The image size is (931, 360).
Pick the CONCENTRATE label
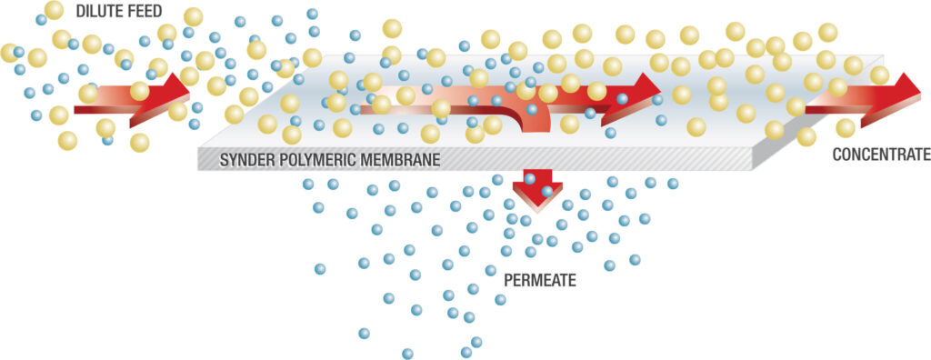881,155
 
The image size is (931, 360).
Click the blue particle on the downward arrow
547,191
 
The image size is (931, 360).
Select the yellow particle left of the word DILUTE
55,10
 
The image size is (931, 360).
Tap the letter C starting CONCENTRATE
837,155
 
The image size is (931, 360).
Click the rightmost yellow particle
880,75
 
